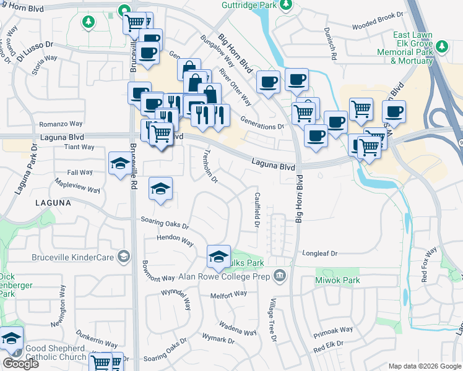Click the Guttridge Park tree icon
pyautogui.click(x=285, y=6)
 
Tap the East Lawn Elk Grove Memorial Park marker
pyautogui.click(x=442, y=47)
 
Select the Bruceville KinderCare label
pyautogui.click(x=74, y=256)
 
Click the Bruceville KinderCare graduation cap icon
pyautogui.click(x=124, y=256)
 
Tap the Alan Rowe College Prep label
pyautogui.click(x=225, y=276)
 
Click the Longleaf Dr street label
pyautogui.click(x=319, y=254)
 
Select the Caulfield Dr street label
pyautogui.click(x=257, y=208)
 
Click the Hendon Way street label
pyautogui.click(x=175, y=238)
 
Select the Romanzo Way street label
pyautogui.click(x=61, y=124)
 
